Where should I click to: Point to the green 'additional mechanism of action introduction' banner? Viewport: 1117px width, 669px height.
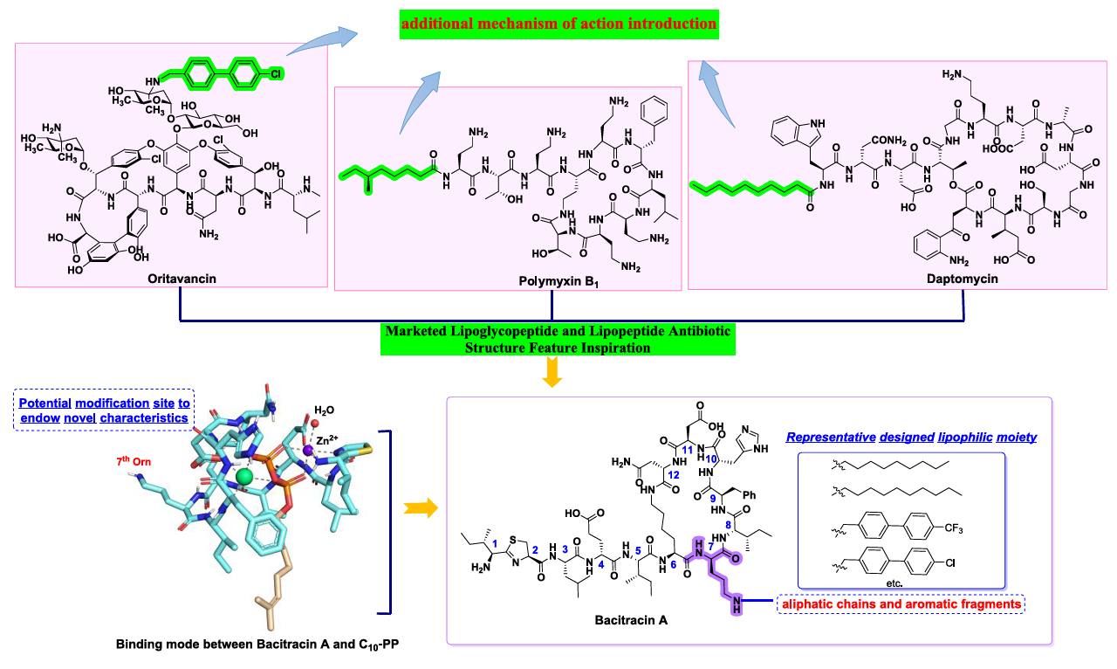[x=559, y=24]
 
